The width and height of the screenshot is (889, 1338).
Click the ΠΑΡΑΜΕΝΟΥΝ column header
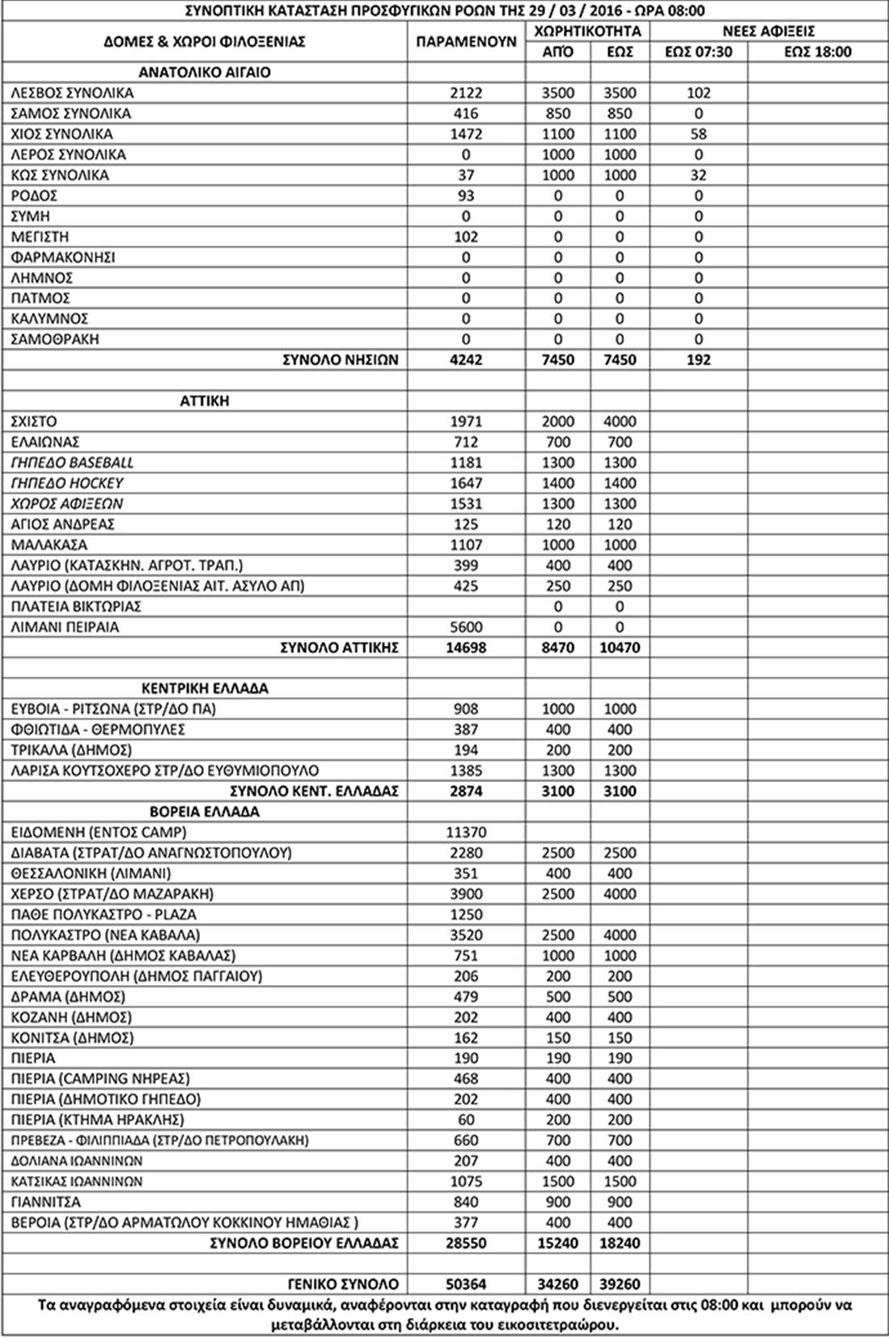pos(466,41)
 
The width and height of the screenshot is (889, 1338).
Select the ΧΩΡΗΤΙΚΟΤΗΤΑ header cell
pos(587,31)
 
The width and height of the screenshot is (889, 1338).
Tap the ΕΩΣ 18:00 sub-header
pos(818,52)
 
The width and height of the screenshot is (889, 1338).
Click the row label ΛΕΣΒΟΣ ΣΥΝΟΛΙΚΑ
pos(72,93)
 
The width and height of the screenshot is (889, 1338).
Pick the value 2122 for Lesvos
pos(466,93)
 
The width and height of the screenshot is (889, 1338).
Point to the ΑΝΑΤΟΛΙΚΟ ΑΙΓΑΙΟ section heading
pos(205,72)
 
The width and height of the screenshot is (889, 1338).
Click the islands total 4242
pos(466,359)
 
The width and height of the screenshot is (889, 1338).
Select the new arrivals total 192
pos(698,359)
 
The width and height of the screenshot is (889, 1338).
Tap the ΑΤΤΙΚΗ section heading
pos(205,401)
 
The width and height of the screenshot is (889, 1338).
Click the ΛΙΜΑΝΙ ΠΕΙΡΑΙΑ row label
pos(65,627)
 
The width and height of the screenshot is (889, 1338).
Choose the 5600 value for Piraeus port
pos(466,627)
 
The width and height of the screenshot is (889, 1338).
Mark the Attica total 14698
pos(466,648)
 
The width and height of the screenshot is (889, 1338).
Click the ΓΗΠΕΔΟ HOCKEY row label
pos(67,483)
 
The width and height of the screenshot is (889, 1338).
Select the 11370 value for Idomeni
pos(466,832)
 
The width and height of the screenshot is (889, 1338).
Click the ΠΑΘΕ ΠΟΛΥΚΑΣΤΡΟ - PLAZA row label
pos(104,914)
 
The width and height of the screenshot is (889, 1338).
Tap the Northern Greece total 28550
pos(466,1242)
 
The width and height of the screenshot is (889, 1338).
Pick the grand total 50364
pos(466,1284)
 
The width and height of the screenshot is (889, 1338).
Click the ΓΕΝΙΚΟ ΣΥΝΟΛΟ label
pos(343,1284)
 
